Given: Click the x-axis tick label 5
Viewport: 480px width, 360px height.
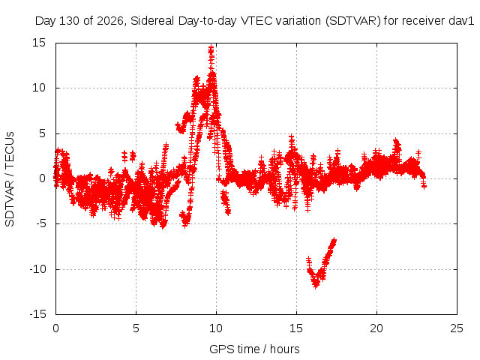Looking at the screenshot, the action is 136,328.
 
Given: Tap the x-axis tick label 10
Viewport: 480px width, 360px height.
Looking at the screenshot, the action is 216,328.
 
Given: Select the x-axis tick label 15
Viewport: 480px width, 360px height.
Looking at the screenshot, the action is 296,328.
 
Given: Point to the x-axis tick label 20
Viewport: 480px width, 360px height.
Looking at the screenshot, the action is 376,328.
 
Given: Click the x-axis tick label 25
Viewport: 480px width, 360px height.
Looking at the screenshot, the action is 457,328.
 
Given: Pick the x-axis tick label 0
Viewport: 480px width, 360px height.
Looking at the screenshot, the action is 55,328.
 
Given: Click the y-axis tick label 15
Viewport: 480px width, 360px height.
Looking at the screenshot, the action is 39,43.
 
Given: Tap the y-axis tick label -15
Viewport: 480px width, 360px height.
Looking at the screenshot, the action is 37,314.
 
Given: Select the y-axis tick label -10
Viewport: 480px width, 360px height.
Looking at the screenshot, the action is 37,269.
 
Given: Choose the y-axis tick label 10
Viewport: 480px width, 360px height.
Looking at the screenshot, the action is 39,88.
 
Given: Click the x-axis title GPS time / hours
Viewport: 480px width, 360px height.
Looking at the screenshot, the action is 254,349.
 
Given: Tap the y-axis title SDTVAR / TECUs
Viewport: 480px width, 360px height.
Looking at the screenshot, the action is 10,179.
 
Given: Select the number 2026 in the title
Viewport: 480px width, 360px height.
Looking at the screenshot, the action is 110,21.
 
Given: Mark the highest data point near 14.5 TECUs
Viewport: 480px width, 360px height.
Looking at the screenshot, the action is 211,48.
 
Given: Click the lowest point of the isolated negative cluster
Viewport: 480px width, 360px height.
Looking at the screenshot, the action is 316,286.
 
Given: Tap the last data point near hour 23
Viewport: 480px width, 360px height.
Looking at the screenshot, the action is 424,186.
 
